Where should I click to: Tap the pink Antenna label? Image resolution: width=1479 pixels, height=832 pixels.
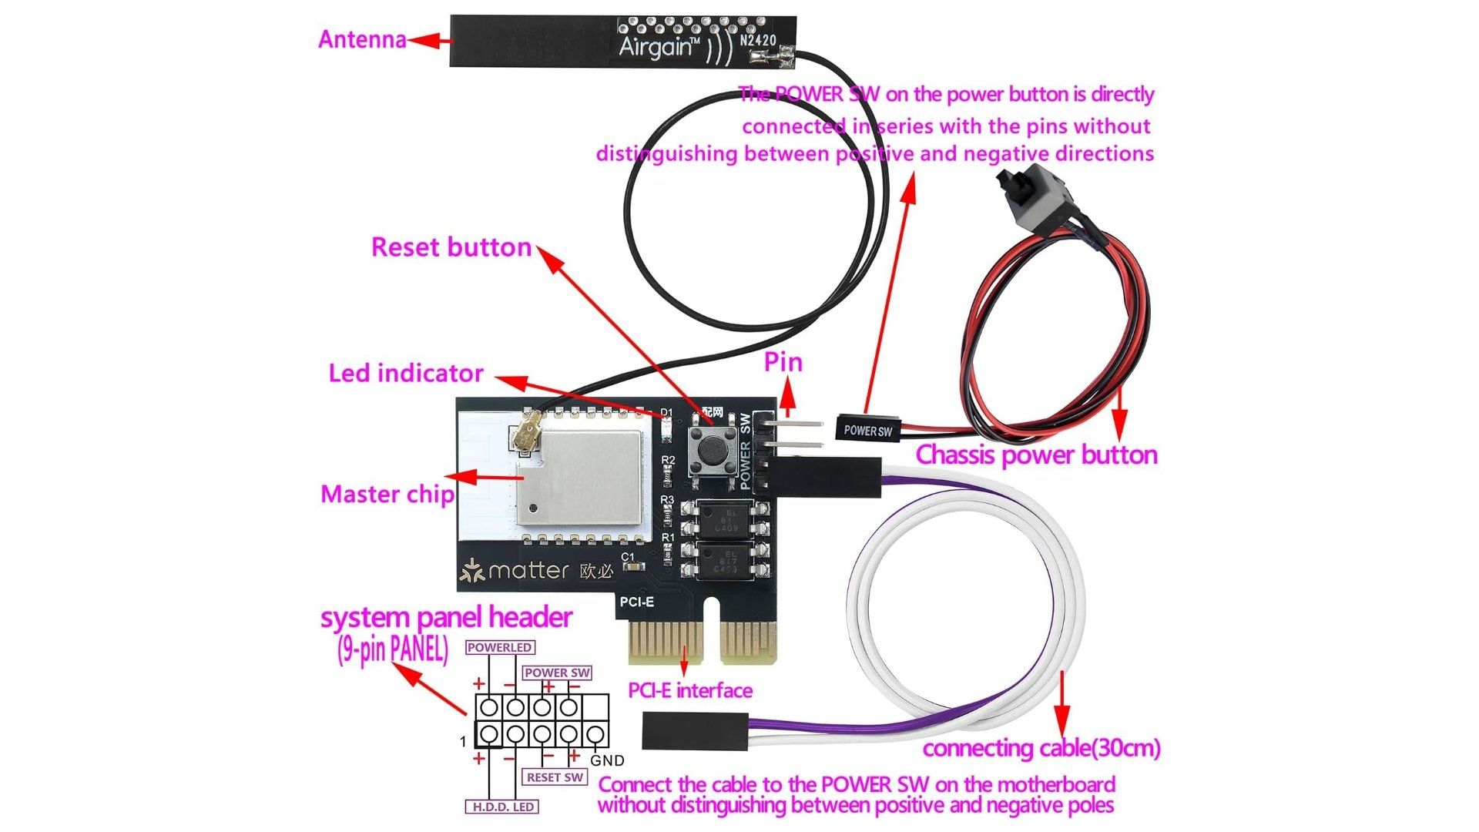coord(362,39)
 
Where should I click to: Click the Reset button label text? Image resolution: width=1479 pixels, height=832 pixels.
coord(451,247)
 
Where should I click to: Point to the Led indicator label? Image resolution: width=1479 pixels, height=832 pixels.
coord(406,374)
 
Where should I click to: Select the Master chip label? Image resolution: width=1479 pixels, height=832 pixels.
coord(387,495)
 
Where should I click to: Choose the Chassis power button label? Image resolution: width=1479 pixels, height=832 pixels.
coord(1036,455)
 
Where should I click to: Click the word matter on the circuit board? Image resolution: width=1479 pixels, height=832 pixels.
coord(528,571)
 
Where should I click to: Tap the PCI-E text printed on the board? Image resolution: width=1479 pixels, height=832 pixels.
coord(637,602)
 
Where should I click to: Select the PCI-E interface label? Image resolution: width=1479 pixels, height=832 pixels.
coord(690,691)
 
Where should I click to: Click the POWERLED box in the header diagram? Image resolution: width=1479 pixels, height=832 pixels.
coord(499,648)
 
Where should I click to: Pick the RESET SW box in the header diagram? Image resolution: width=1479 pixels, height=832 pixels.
coord(555,777)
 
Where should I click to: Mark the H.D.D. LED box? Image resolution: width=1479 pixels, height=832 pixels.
coord(502,807)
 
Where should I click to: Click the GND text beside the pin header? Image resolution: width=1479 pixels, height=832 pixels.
coord(607,761)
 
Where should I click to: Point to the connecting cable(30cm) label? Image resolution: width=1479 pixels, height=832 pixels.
coord(1041,749)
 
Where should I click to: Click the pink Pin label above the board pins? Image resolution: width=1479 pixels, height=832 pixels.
coord(783,363)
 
